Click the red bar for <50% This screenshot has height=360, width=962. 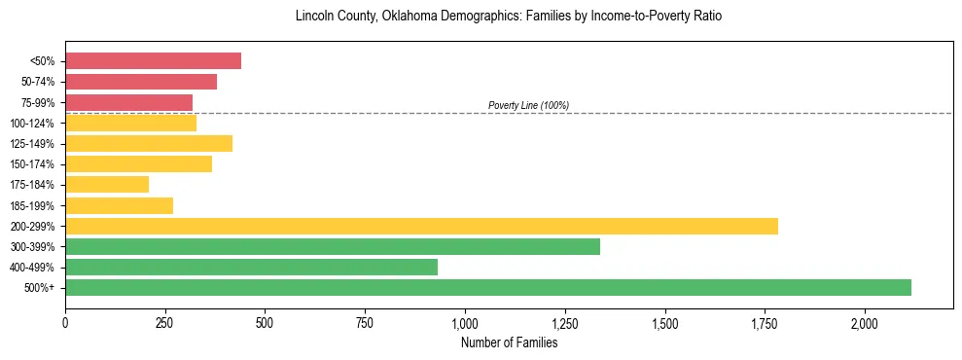coord(153,61)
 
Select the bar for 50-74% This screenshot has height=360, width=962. coord(141,82)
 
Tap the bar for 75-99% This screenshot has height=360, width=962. coord(128,102)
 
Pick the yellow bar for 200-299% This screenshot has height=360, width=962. coord(421,226)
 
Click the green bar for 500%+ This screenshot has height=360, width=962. coord(487,287)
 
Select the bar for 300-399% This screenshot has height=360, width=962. coord(333,246)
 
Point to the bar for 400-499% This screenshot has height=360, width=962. coord(251,267)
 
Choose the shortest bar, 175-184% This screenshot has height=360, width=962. coord(107,184)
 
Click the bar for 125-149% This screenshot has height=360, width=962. coord(149,143)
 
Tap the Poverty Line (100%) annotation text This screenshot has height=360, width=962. coord(528,105)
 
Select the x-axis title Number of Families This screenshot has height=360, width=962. coord(509,342)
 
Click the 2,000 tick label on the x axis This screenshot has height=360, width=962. coord(865,323)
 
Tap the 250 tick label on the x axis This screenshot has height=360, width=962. coord(165,323)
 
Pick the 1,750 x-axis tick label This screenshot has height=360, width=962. coord(765,323)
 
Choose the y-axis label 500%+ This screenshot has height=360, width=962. coord(39,288)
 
